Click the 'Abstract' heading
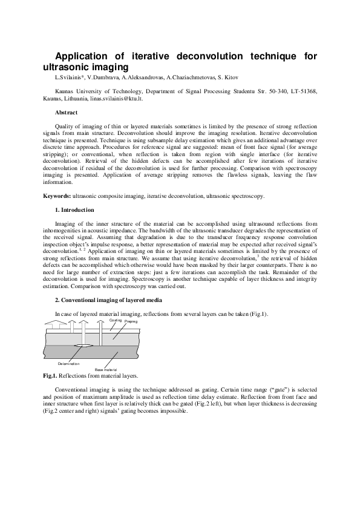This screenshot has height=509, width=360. click(x=66, y=113)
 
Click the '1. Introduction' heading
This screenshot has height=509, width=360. click(x=74, y=210)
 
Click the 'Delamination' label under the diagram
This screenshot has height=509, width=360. click(x=68, y=363)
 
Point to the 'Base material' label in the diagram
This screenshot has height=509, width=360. click(x=106, y=369)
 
